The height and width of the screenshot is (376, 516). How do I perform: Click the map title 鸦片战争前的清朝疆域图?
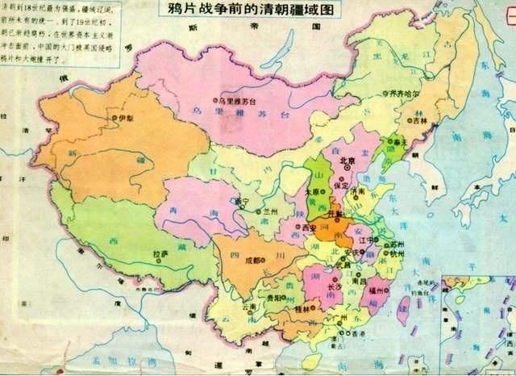[x=253, y=10]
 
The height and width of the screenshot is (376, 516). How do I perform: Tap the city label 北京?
[x=348, y=161]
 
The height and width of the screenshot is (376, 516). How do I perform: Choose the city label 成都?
[x=252, y=261]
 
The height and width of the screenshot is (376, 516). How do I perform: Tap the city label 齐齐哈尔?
[x=406, y=94]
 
